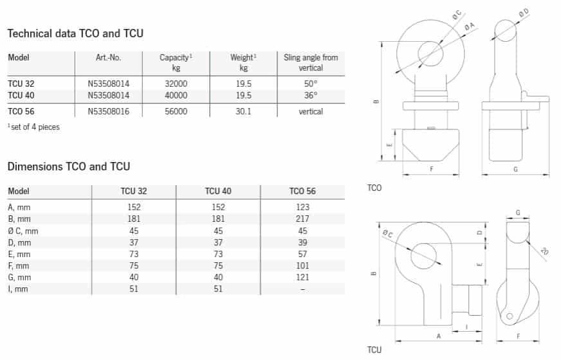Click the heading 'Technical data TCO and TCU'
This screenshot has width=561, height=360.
75,33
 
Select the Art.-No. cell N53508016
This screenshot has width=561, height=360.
109,112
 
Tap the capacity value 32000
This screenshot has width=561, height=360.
176,84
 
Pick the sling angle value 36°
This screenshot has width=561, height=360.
311,95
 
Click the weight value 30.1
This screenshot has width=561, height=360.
243,112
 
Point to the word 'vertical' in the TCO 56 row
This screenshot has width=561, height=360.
311,112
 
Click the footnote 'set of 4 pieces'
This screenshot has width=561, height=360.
34,127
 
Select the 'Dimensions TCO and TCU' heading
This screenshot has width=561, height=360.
69,166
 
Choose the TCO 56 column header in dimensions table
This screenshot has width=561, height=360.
302,192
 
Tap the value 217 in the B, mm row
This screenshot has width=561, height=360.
302,219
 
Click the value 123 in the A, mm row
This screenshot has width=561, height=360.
302,208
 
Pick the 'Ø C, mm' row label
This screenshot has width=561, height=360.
23,231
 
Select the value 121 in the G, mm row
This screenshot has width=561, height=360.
302,278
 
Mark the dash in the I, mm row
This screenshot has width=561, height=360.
302,289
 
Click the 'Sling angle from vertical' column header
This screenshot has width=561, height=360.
311,62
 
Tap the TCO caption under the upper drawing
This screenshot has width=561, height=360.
374,188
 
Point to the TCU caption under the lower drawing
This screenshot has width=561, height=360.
374,350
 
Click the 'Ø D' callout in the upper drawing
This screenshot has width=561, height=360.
524,14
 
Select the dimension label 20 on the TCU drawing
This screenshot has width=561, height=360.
544,251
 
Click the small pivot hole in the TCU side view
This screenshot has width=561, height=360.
510,316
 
